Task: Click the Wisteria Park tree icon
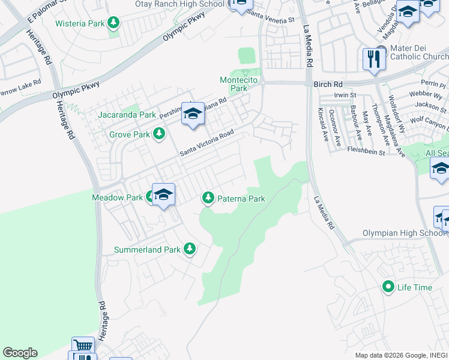coord(113,24)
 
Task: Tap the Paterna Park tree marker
coord(208,197)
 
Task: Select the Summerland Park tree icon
coord(190,248)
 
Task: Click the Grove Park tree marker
coord(159,134)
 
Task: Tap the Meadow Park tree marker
coord(150,197)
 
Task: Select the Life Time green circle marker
coord(388,287)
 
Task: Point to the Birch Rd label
coord(327,85)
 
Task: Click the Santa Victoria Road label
coord(206,144)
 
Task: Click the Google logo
coord(20,353)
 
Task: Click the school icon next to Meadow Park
coord(163,194)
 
